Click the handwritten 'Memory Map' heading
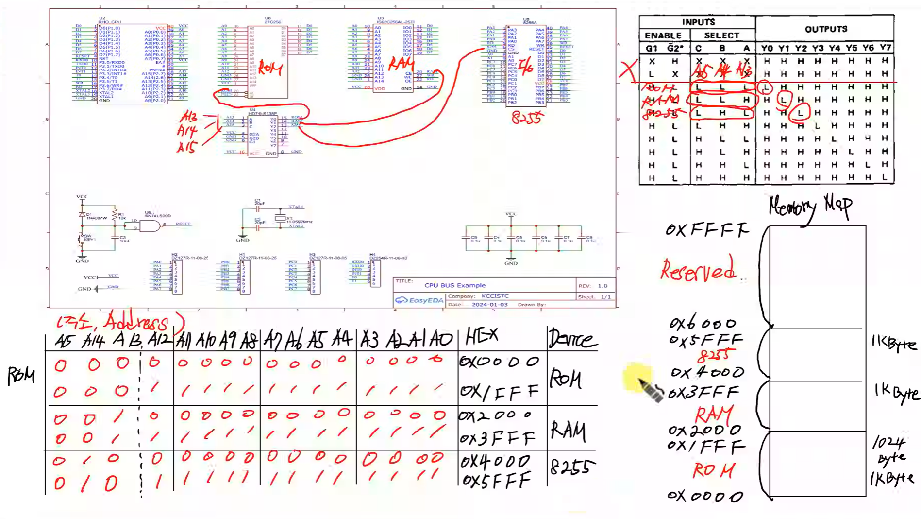(810, 207)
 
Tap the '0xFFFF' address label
(706, 229)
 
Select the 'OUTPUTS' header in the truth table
(825, 29)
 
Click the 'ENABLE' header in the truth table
(663, 35)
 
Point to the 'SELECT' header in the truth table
(721, 35)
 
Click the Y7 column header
(885, 48)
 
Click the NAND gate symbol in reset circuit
(150, 226)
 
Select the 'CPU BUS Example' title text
(454, 285)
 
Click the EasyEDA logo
(419, 300)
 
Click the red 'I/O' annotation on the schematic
(525, 67)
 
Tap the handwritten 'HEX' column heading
(482, 336)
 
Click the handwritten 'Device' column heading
(573, 339)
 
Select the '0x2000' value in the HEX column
(495, 415)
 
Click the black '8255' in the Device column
(571, 467)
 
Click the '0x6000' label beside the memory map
(703, 323)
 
